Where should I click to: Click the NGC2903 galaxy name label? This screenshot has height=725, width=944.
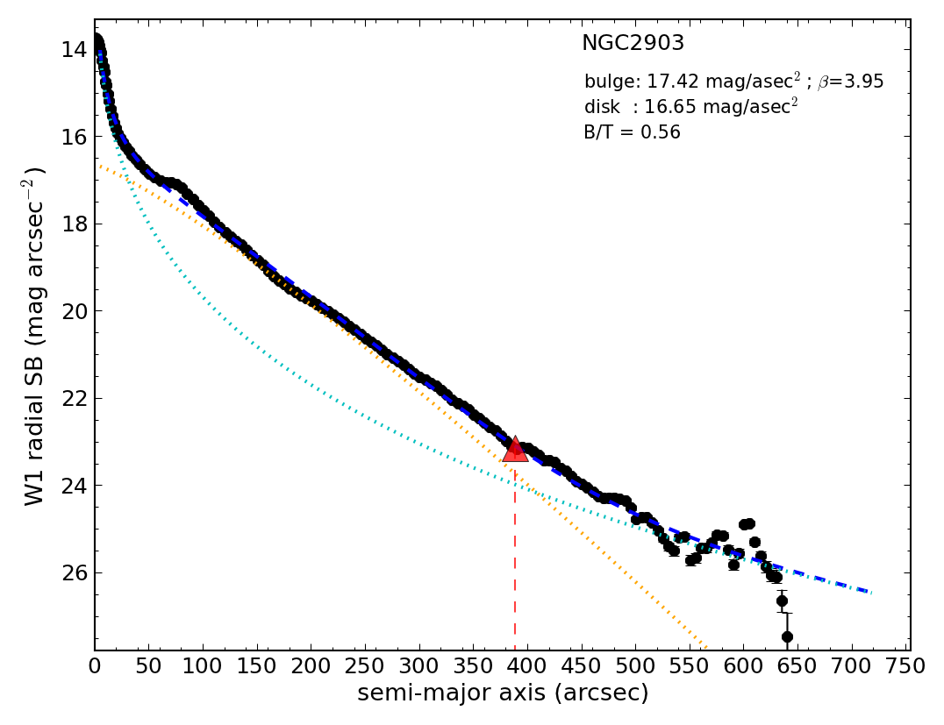pos(633,44)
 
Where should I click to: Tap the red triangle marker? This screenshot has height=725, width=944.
pos(515,450)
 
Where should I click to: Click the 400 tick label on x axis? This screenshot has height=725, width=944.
pos(526,666)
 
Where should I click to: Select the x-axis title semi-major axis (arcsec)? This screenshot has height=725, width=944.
pos(503,693)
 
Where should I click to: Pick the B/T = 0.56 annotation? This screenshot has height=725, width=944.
pos(632,133)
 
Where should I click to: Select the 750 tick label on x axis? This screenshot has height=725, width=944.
pos(905,666)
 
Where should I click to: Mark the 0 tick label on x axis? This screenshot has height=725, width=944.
pos(95,666)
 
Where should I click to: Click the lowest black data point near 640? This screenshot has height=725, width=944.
pos(787,636)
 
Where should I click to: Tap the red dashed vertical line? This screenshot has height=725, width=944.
pos(515,561)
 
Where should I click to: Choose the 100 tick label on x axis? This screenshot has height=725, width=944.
pos(203,666)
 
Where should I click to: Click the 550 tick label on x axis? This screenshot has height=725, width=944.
pos(689,666)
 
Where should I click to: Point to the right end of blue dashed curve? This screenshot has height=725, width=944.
pos(869,592)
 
